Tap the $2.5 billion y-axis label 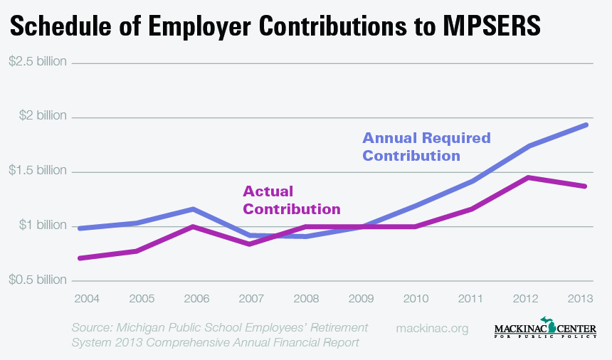click(x=38, y=61)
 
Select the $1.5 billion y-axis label click(x=38, y=171)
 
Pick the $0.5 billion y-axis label click(x=38, y=280)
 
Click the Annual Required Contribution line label click(x=426, y=146)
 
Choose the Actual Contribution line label click(x=291, y=200)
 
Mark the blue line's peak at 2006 click(x=193, y=209)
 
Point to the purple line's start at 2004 click(x=79, y=258)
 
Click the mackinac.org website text click(x=431, y=328)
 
